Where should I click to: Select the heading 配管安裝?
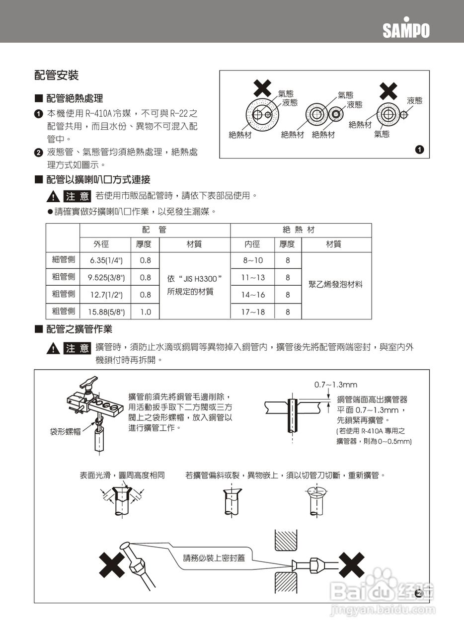click(56, 76)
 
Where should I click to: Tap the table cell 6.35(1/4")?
click(106, 260)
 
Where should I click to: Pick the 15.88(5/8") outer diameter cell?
click(106, 312)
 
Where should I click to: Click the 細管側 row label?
click(63, 259)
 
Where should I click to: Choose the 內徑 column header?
click(252, 244)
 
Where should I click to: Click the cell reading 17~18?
click(253, 312)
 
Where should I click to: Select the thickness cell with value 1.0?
click(145, 312)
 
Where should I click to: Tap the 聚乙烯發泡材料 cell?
click(336, 285)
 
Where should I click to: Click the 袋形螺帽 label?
click(65, 432)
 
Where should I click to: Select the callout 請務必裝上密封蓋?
click(214, 557)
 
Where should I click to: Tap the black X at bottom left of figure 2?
click(112, 565)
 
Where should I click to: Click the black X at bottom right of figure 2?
click(351, 565)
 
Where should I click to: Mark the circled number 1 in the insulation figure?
click(419, 149)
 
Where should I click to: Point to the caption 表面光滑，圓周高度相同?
click(122, 476)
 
